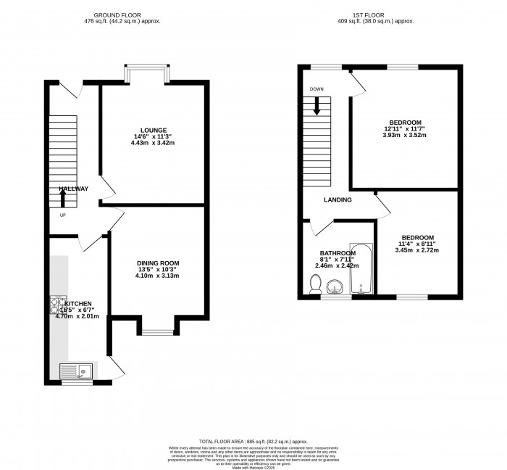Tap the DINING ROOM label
tap(158, 263)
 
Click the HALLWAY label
tap(73, 189)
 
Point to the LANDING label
tap(338, 200)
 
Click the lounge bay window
tap(148, 73)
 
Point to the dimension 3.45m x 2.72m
tap(417, 251)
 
